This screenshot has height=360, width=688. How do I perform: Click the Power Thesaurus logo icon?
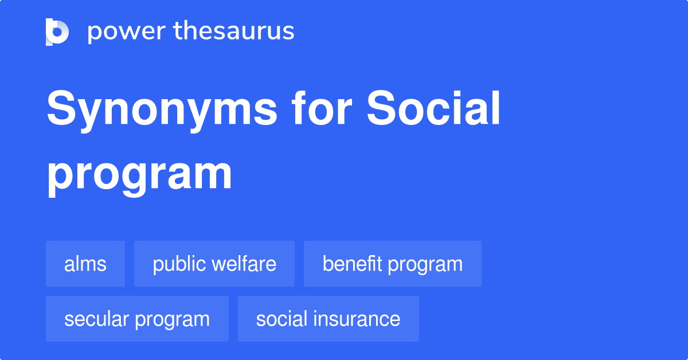[x=57, y=32]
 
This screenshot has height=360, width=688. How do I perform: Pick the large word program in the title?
[x=139, y=175]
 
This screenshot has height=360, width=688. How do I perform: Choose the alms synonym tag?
[x=85, y=264]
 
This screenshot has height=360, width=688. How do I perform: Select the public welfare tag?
[x=214, y=264]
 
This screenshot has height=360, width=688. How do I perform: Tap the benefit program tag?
[x=393, y=264]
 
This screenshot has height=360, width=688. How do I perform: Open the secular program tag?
[x=137, y=319]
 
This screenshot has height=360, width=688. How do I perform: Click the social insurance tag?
[x=329, y=319]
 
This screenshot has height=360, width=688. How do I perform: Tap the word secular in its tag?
[x=97, y=319]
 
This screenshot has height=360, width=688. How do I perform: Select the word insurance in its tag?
[x=359, y=319]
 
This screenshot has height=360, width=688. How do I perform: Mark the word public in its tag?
[x=178, y=264]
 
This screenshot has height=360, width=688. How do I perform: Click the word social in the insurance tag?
[x=281, y=319]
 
